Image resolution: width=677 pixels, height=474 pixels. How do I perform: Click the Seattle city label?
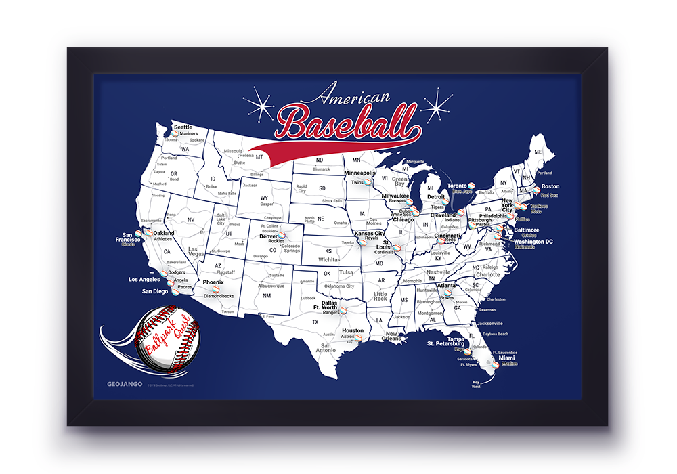coord(183,127)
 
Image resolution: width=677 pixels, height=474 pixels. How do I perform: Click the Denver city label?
coord(269,236)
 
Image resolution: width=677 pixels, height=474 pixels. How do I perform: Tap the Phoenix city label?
coord(213,282)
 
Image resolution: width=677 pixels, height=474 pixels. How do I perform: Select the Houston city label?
coord(353,330)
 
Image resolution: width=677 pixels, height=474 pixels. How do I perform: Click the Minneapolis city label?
coord(359,173)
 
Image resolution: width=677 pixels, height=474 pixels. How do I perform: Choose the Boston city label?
coord(550,186)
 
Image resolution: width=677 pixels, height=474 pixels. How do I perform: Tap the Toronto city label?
coord(458,185)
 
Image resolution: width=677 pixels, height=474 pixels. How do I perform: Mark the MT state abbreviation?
coord(259,156)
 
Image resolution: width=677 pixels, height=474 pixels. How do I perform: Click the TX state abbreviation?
coord(315,322)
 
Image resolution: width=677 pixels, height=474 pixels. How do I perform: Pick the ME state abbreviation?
coord(538,152)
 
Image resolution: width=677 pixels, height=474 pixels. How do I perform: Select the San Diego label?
coord(154,291)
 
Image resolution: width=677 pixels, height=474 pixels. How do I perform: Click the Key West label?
coord(476,384)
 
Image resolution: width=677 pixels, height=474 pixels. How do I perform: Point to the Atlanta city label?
coord(446,285)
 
